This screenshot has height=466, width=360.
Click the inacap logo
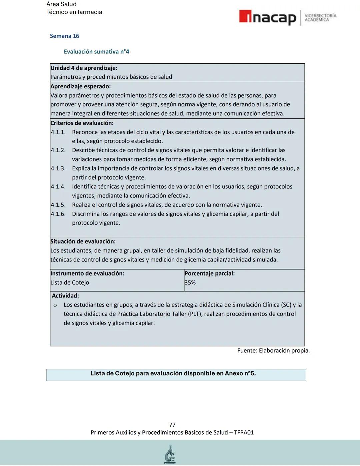267,17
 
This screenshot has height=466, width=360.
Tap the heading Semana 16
64,36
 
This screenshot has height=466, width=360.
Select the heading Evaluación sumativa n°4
96,52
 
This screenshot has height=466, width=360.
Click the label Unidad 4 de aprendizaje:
84,68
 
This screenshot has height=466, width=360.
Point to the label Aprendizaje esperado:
80,86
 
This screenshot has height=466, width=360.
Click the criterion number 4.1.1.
58,132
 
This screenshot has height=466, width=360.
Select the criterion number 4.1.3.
58,168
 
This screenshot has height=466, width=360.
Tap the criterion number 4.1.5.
58,205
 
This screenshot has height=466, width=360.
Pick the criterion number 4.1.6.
58,214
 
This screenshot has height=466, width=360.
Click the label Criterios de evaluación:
82,123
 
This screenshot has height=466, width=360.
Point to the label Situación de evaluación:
83,242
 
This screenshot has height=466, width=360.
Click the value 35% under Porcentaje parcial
190,283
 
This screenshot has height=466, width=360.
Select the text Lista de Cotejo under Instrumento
70,283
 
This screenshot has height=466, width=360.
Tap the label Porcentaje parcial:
209,274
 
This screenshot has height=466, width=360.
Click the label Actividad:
65,296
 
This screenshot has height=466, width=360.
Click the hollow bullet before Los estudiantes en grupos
55,305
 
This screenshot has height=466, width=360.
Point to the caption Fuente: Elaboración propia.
273,351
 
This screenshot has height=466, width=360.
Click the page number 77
172,425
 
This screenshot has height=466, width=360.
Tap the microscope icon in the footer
170,454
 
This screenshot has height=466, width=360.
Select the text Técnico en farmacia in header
74,12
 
